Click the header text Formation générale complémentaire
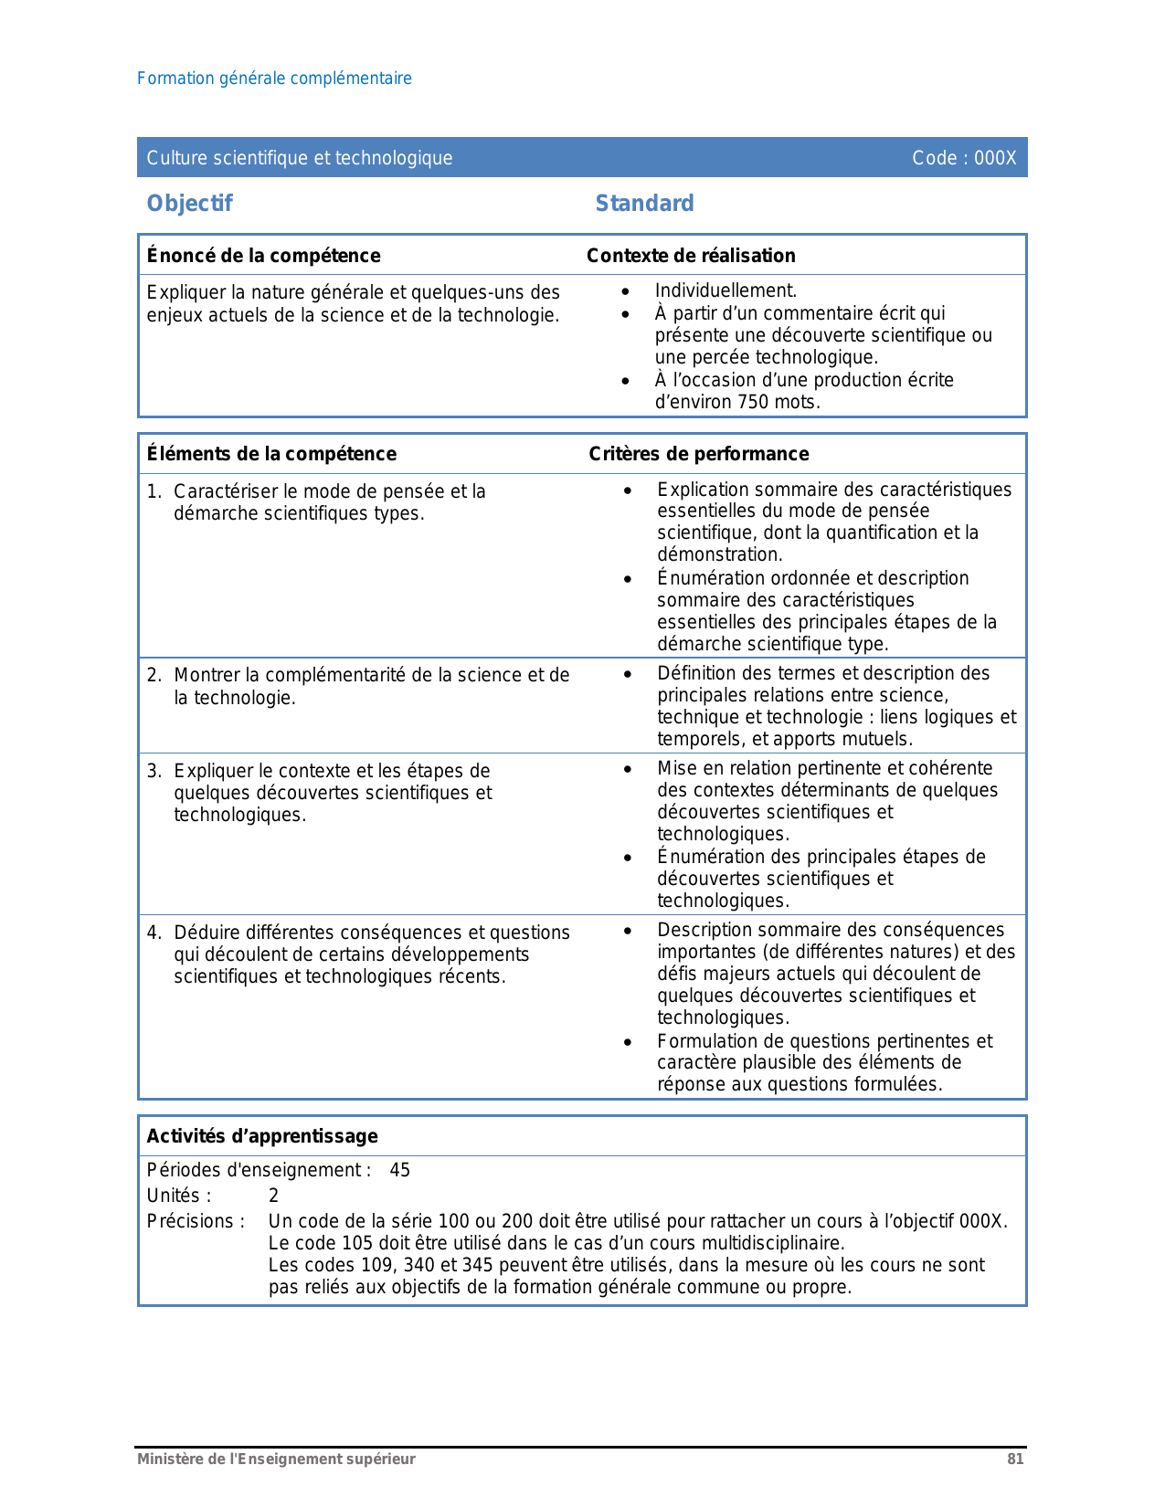click(274, 79)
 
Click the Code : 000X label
click(964, 158)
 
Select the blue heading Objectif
click(190, 203)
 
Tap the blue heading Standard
click(644, 203)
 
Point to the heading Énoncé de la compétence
click(263, 256)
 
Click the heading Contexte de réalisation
click(691, 256)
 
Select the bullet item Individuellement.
click(725, 290)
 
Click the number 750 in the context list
click(753, 402)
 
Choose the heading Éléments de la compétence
click(271, 454)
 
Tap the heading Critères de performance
click(698, 454)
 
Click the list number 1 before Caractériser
click(154, 491)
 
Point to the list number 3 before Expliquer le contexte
click(154, 771)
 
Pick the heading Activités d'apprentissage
click(262, 1136)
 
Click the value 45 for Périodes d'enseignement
click(400, 1170)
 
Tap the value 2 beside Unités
click(273, 1196)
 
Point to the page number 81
click(1015, 1459)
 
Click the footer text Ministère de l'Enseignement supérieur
click(276, 1459)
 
